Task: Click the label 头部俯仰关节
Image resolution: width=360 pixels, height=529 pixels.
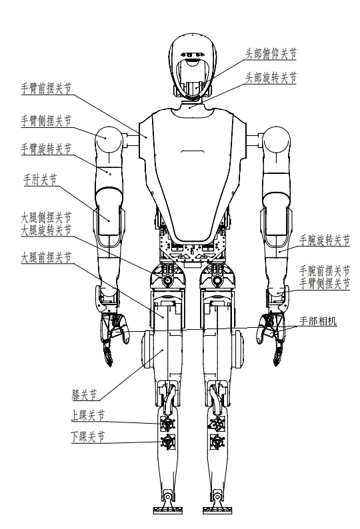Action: point(271,54)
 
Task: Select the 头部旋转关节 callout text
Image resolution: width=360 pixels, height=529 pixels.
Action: point(271,77)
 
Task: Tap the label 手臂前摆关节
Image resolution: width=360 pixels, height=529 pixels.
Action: point(46,89)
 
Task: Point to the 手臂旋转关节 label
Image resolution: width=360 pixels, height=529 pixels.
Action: point(46,149)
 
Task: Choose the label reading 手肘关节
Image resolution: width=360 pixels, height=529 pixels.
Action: point(40,179)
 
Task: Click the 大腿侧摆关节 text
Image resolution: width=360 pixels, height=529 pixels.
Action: point(46,217)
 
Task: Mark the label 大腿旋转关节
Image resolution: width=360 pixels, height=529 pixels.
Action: point(46,231)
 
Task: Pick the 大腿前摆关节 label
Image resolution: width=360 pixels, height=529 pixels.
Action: point(46,258)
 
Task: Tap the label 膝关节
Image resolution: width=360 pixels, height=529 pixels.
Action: point(84,394)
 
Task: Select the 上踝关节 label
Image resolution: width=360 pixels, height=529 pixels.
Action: point(88,415)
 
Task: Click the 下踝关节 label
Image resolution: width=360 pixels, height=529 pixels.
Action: point(88,437)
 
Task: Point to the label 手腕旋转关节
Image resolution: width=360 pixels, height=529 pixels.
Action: point(325,241)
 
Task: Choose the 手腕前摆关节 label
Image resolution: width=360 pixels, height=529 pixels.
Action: point(325,270)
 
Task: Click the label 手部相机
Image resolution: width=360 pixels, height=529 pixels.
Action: point(318,321)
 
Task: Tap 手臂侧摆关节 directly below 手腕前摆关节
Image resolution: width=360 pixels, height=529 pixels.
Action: point(325,283)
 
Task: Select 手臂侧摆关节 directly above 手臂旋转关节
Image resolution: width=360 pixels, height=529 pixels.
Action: point(46,121)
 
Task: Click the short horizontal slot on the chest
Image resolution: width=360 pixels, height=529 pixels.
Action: point(192,151)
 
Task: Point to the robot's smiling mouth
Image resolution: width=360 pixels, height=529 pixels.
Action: point(191,61)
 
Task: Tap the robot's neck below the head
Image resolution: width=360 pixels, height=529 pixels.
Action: point(192,105)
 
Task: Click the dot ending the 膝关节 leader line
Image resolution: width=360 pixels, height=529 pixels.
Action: point(163,350)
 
